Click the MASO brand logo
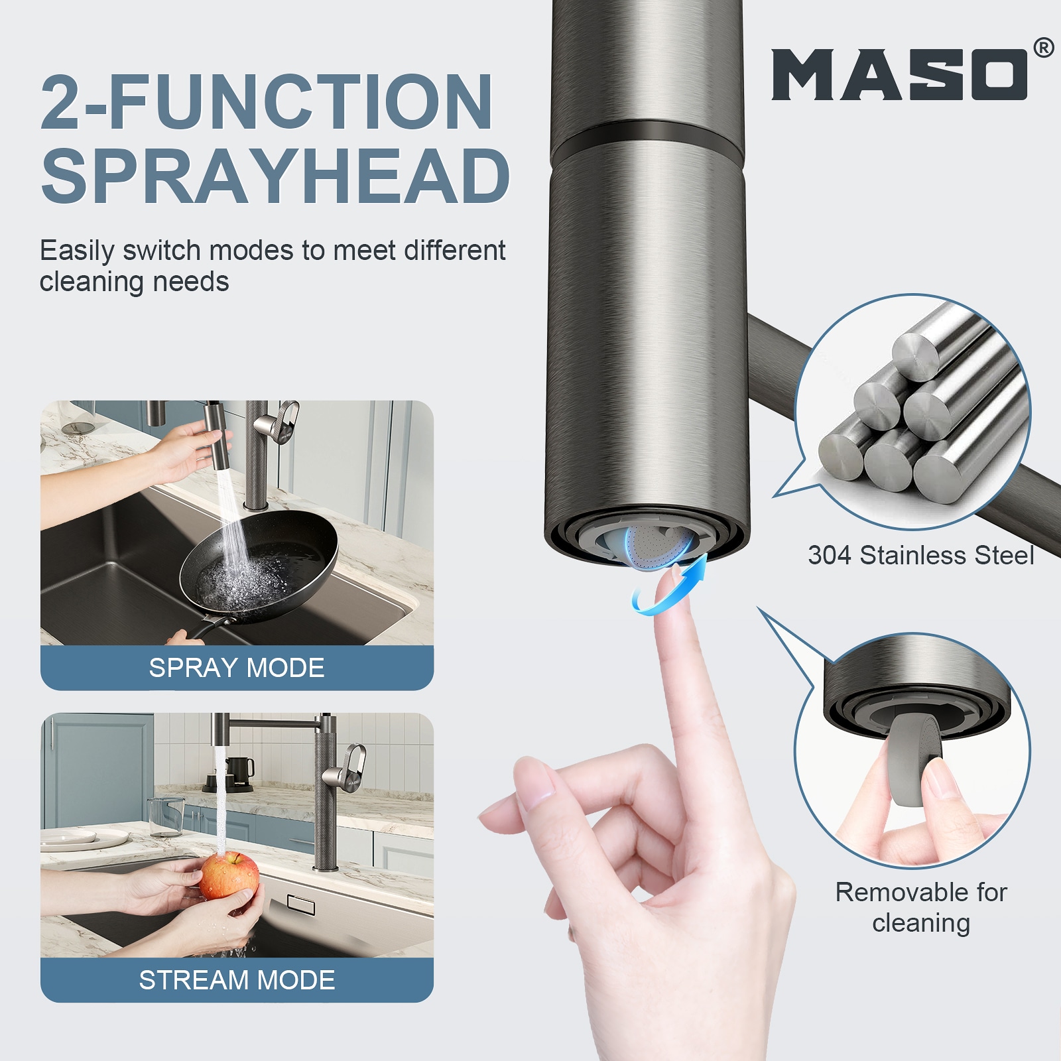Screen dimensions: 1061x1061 (x=899, y=74)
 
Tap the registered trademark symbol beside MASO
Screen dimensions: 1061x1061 (x=1043, y=48)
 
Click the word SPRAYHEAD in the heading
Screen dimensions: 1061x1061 (x=275, y=175)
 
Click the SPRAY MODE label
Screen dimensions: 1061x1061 (x=237, y=668)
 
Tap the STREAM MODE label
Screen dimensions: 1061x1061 (x=237, y=980)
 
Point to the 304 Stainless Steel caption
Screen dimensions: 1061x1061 (x=921, y=555)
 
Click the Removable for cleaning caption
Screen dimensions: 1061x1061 (x=921, y=907)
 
